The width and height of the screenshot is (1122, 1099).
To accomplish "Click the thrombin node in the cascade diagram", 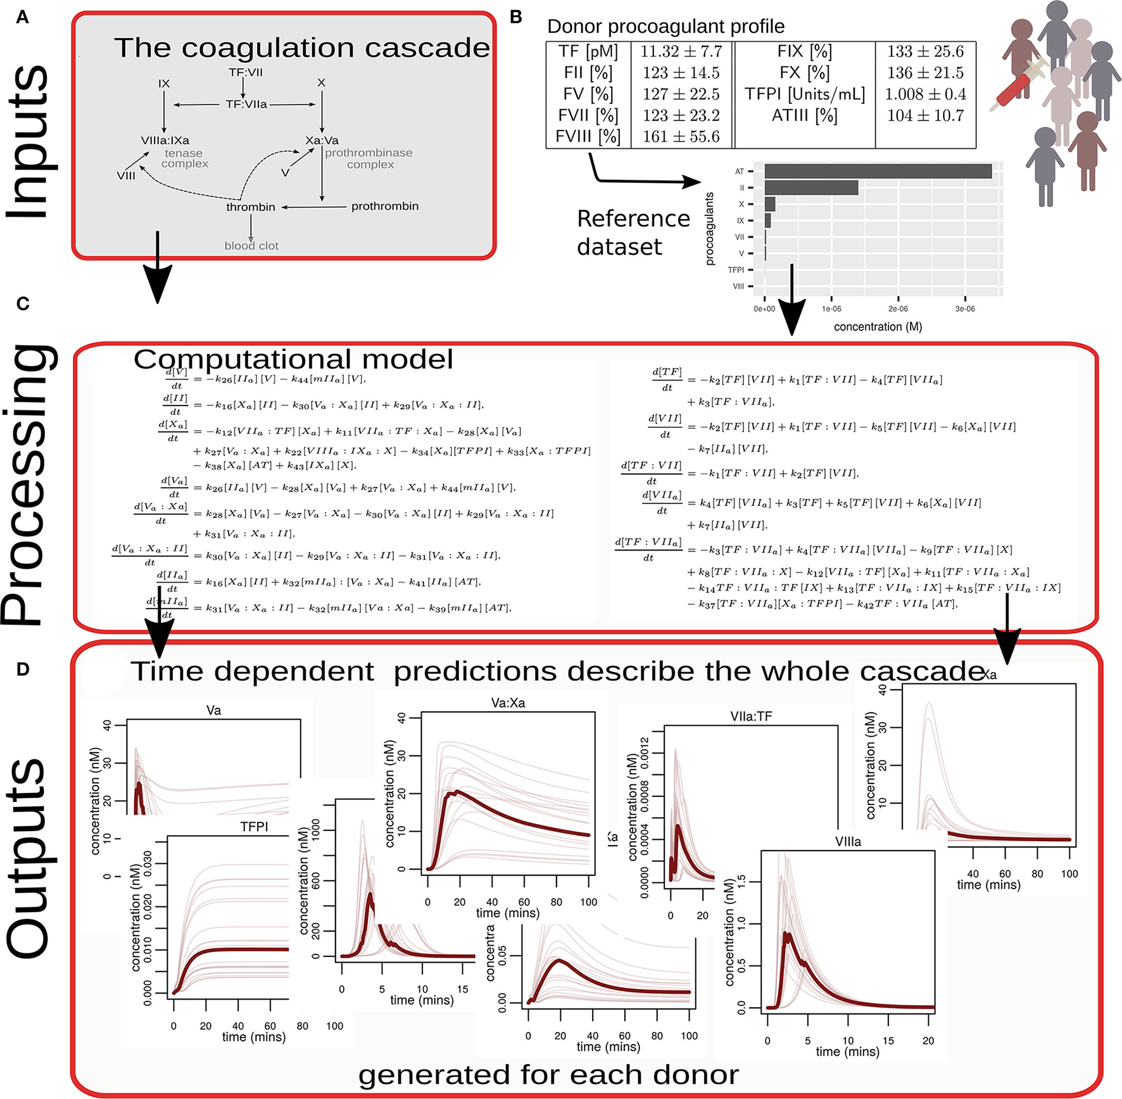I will tap(251, 207).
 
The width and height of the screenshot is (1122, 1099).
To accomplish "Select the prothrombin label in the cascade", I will tap(385, 206).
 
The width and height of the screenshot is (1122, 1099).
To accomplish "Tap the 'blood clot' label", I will tap(251, 246).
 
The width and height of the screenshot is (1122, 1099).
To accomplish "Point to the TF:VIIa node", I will tap(246, 105).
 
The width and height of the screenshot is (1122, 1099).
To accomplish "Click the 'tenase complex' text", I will tap(184, 158).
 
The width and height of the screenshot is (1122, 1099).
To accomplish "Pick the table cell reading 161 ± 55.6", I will tap(681, 137).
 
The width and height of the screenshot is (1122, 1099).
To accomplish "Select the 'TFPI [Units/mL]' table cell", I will tap(804, 94).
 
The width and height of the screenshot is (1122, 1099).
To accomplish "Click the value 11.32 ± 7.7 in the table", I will tap(681, 51).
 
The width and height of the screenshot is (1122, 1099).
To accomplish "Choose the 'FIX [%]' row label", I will tap(804, 51).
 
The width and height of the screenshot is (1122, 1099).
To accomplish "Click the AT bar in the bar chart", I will tap(878, 171).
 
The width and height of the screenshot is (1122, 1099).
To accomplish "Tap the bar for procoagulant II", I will tap(811, 187).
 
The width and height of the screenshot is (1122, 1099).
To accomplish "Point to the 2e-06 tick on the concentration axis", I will tap(898, 309).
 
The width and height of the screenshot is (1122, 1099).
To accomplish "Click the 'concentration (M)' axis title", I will tap(878, 327).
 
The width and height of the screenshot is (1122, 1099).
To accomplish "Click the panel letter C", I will tap(23, 304).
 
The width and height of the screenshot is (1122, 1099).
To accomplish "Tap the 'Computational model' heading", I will tap(293, 360).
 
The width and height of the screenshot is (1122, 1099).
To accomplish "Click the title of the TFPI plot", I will tap(254, 827).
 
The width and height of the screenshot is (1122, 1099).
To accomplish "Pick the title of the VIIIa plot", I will tap(848, 842).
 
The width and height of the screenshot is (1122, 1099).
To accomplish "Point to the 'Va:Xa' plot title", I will tap(508, 703).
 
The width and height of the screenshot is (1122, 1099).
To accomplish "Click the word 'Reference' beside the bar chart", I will tap(633, 219).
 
